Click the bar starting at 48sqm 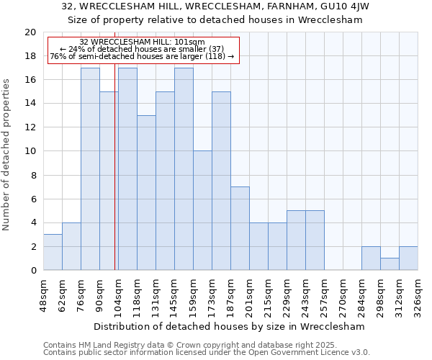pyautogui.click(x=53, y=252)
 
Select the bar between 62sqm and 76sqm pyautogui.click(x=71, y=246)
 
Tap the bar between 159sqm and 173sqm pyautogui.click(x=202, y=210)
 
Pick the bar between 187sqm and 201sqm pyautogui.click(x=240, y=228)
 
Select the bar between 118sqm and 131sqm pyautogui.click(x=146, y=192)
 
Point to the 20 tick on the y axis pyautogui.click(x=30, y=32)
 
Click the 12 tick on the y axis pyautogui.click(x=30, y=127)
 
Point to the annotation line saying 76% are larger pyautogui.click(x=142, y=56)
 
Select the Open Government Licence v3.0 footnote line pyautogui.click(x=207, y=353)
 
